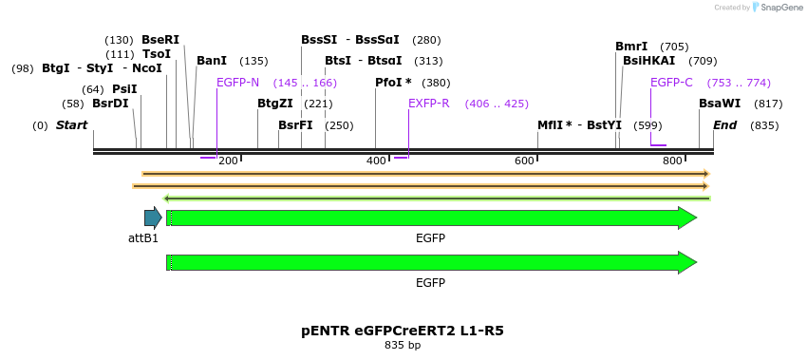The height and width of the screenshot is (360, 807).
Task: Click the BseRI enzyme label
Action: [160, 40]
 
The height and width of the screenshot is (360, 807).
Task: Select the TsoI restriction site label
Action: [157, 54]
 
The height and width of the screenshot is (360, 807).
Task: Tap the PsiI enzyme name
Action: [124, 89]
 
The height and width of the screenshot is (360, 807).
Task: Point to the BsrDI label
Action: [110, 104]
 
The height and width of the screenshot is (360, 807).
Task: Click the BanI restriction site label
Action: [212, 61]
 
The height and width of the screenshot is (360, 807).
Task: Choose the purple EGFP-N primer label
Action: [237, 83]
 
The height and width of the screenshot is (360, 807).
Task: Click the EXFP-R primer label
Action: [428, 104]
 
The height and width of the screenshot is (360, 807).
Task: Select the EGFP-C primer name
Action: [671, 83]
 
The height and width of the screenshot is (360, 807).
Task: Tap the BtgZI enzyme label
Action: [275, 104]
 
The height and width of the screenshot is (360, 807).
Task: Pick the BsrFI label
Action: [295, 125]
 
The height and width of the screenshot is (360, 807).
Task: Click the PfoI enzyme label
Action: [393, 83]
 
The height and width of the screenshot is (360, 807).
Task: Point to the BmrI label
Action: [631, 47]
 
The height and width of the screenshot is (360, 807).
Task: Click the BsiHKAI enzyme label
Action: [648, 61]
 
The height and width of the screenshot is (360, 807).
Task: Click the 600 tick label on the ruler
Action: [525, 161]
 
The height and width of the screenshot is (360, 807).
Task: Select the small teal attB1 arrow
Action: [153, 218]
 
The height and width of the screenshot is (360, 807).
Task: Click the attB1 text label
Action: [143, 237]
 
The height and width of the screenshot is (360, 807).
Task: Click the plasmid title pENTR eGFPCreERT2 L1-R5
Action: [403, 331]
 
